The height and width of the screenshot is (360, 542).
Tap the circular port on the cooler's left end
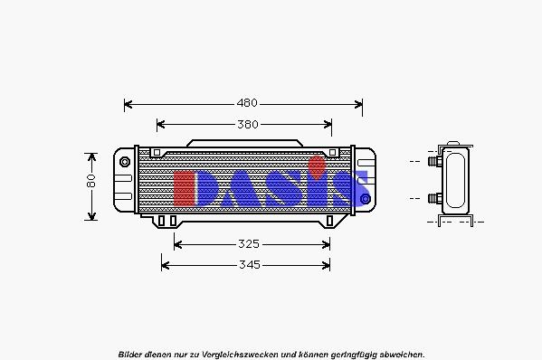tap(125, 161)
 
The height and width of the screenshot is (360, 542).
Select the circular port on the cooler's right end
tap(365, 198)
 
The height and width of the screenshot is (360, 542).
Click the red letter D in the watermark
tap(192, 186)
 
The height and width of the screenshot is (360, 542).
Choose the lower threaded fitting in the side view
tap(433, 197)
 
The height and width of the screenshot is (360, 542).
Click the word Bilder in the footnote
tap(130, 354)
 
